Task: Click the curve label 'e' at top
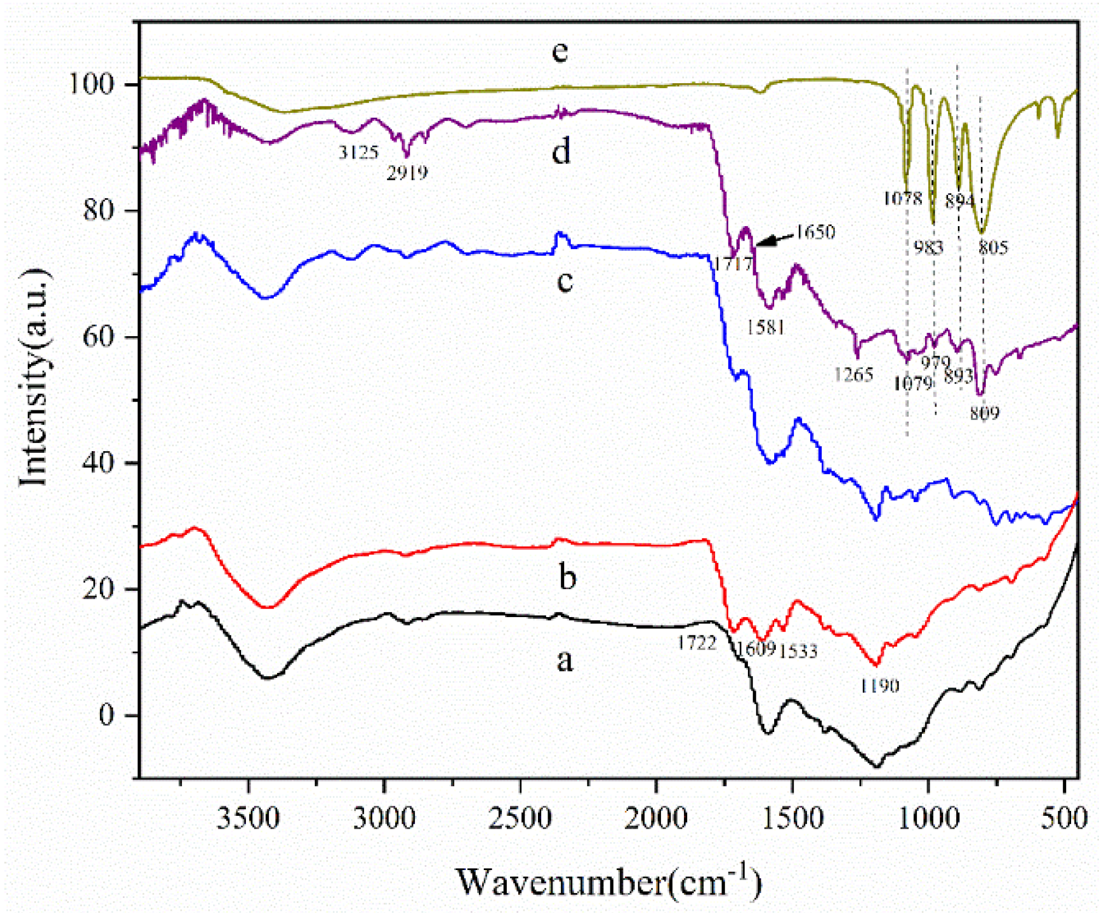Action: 560,52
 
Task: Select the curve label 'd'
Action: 561,152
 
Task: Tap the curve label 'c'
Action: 564,280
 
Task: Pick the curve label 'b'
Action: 567,576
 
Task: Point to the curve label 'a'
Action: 564,660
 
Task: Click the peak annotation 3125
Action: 358,153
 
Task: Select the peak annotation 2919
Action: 407,173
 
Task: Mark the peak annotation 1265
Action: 853,374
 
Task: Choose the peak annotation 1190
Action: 879,686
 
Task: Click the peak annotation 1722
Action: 696,643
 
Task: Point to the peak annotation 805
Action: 993,248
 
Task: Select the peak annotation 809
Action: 984,413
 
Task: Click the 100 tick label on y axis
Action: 92,84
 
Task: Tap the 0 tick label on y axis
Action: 107,715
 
